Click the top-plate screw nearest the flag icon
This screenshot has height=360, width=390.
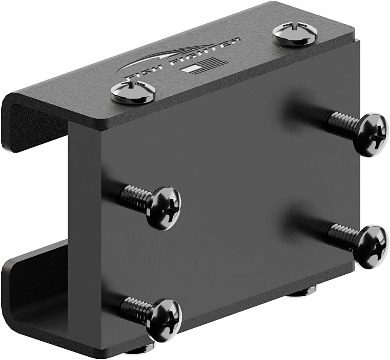(133, 92)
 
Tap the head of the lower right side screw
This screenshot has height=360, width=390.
(370, 246)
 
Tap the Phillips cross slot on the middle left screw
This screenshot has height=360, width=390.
(170, 208)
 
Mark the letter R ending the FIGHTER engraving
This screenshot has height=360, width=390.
(237, 41)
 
